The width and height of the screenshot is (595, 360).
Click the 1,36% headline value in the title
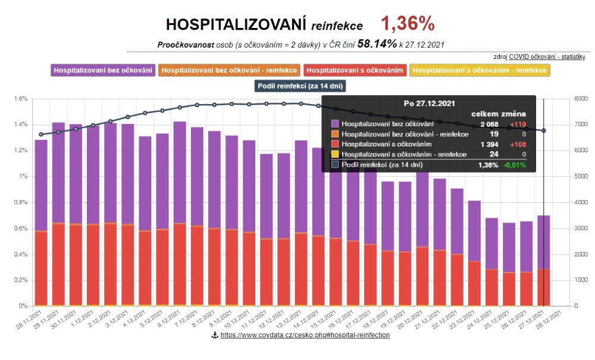pos(408,24)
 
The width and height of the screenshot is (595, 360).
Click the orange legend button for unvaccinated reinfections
pos(230,70)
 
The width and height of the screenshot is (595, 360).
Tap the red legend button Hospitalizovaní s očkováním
pos(355,70)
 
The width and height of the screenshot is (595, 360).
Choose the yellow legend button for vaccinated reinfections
pos(479,70)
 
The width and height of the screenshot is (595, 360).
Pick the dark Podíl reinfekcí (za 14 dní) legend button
pos(300,86)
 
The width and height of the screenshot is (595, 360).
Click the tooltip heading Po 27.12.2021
pos(429,103)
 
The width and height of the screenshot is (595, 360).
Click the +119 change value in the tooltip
pos(518,124)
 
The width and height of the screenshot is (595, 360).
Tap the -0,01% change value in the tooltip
pos(515,165)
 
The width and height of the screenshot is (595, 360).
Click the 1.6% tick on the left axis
pos(20,99)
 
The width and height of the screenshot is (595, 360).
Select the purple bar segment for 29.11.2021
pos(58,173)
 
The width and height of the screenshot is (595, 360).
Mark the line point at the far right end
pos(544,131)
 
